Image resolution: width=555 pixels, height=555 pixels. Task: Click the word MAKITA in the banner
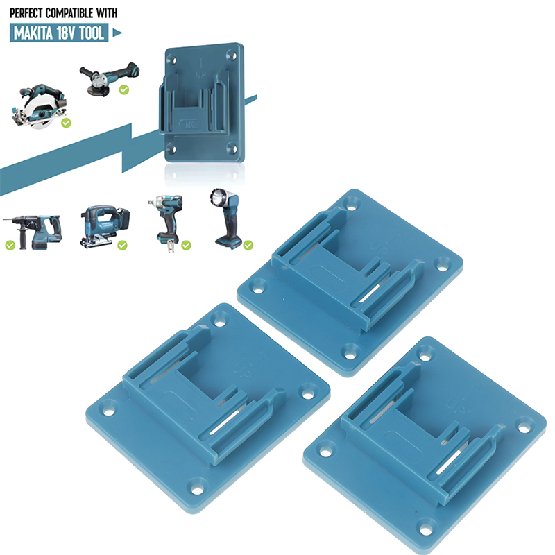(x=33, y=33)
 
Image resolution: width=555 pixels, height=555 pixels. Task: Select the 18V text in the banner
(x=66, y=33)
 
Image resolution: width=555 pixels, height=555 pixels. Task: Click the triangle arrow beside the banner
(x=117, y=33)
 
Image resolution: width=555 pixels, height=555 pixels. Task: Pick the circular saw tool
(x=38, y=106)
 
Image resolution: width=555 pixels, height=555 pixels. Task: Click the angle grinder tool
(x=109, y=79)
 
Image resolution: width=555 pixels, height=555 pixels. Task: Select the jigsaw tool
(x=105, y=225)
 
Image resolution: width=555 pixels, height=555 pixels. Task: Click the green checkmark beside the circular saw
(x=66, y=123)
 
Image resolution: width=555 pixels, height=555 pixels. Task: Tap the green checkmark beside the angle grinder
(x=124, y=89)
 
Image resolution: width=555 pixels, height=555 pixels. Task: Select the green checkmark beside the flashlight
(x=248, y=245)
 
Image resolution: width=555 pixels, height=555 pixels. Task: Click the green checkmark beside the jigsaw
(x=123, y=245)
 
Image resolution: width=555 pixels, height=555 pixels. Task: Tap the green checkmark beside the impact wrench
(x=186, y=245)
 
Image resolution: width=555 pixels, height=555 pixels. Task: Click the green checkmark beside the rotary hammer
(x=10, y=245)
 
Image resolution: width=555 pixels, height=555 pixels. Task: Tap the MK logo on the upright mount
(x=189, y=125)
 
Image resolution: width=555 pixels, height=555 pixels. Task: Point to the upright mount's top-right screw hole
(x=232, y=55)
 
